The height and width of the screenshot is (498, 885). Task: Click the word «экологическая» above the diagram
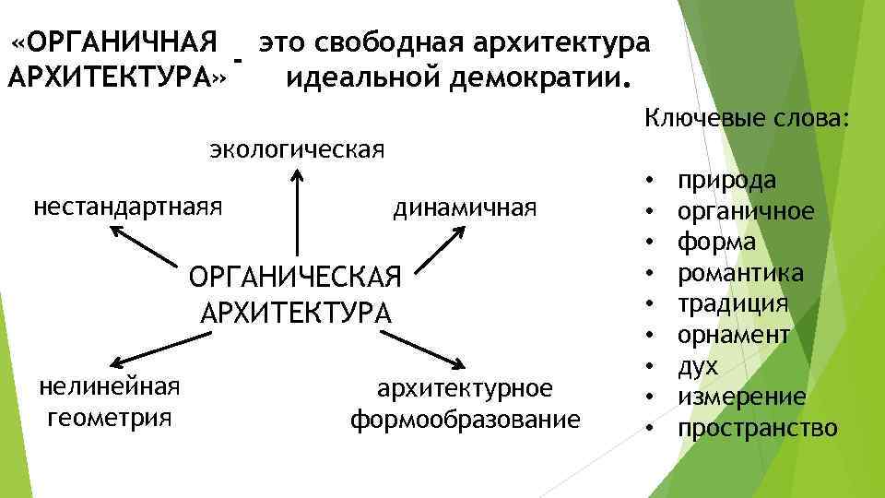pyautogui.click(x=296, y=148)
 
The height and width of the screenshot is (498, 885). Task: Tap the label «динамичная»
pyautogui.click(x=465, y=207)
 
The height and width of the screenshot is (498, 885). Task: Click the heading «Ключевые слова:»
pyautogui.click(x=748, y=118)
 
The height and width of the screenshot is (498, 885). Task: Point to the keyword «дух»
pyautogui.click(x=698, y=366)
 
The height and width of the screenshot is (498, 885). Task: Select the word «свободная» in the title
pyautogui.click(x=397, y=43)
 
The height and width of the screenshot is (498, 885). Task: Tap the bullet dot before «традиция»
pyautogui.click(x=651, y=304)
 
